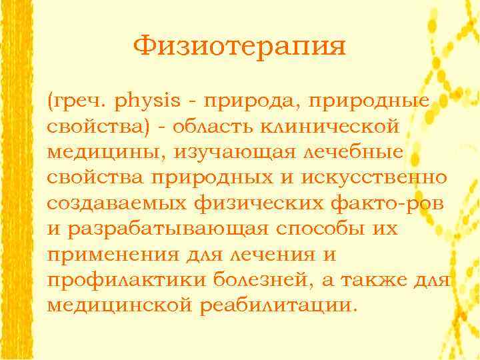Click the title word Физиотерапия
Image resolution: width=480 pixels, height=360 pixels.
point(239,47)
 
